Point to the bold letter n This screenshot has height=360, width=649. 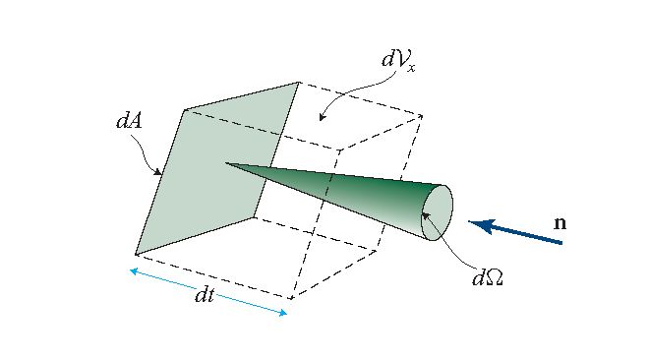coord(560,223)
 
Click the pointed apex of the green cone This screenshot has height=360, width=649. coord(226,162)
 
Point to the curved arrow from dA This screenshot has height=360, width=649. coord(149,157)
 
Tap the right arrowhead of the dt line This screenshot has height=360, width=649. coord(285,313)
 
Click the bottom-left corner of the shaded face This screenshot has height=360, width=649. coord(135,253)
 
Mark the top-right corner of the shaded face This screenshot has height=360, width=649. coord(299,83)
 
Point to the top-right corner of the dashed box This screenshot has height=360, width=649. coord(423,116)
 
